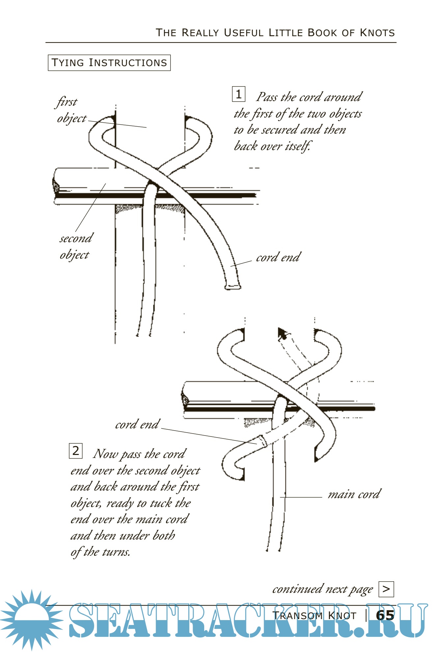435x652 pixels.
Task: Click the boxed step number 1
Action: coord(238,94)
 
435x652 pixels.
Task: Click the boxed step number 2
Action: coord(75,451)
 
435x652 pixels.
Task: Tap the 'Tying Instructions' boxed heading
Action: coord(109,63)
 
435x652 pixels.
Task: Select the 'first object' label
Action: coord(71,110)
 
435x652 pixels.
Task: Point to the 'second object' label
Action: coord(75,246)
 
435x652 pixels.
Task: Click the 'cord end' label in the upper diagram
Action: coord(278,257)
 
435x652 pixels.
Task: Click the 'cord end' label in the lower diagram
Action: coord(137,424)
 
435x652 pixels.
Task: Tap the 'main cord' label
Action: coord(354,494)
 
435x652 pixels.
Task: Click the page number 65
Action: coord(385,615)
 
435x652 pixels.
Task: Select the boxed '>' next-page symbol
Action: coord(386,589)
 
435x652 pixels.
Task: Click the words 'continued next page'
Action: coord(322,589)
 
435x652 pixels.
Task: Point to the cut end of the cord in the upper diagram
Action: coord(232,286)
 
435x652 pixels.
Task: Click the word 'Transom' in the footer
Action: coord(297,615)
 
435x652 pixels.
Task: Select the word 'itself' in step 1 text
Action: coord(297,146)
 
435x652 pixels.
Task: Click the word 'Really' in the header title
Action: coord(200,33)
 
